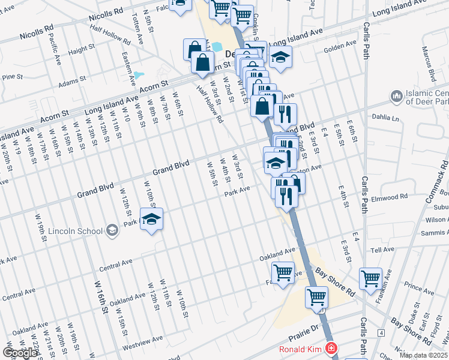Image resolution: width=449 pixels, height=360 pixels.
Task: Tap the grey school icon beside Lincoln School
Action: tap(112, 230)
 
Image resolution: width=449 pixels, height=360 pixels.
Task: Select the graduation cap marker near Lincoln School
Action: tap(151, 219)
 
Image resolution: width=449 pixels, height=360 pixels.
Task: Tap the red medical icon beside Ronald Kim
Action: tap(330, 349)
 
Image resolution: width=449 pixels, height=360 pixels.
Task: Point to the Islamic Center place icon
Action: tap(396, 96)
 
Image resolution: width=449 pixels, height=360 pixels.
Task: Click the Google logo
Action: tap(20, 353)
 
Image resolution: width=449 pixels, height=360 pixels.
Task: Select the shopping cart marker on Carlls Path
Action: tap(370, 278)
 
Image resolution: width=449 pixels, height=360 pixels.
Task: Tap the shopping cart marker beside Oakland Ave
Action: tap(283, 272)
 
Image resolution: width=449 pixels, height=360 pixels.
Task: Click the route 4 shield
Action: tap(381, 332)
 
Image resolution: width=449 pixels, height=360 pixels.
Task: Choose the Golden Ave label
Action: tap(340, 46)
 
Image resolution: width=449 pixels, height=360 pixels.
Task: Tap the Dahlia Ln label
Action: tap(385, 118)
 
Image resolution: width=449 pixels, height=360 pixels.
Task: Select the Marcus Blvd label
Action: tap(428, 63)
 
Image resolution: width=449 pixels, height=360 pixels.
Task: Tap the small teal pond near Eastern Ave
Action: tap(139, 76)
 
